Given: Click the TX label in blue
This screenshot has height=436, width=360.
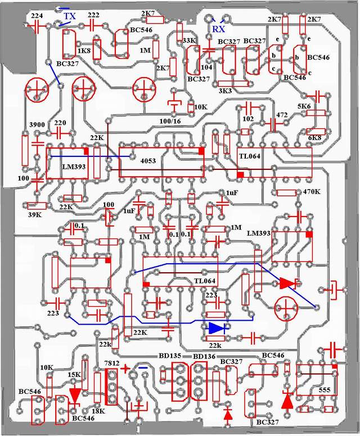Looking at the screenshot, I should (69, 16).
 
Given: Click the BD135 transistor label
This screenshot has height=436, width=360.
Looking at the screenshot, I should (172, 357).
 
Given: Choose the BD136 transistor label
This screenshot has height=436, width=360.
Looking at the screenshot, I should (204, 357).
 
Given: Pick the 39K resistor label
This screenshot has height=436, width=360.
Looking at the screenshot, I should (35, 214).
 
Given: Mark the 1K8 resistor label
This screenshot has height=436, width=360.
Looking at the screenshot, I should (84, 51).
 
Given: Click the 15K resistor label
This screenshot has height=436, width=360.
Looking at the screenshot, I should (74, 375).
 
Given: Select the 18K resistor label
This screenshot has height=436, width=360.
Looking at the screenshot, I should (98, 411).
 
